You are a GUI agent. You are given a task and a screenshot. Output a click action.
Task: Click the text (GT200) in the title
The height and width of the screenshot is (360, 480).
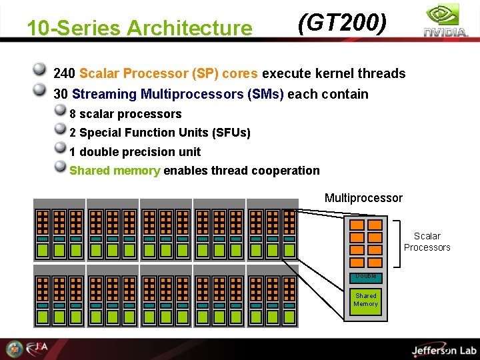[342, 23]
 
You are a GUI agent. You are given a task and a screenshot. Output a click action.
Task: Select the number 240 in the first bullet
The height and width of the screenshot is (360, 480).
[64, 73]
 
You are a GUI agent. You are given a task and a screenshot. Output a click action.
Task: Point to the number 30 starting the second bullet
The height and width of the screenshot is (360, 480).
[61, 94]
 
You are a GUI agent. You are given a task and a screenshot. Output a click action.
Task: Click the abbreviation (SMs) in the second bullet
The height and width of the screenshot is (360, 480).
[265, 94]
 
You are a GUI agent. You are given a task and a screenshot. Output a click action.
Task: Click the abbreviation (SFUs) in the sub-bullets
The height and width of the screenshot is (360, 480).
[231, 133]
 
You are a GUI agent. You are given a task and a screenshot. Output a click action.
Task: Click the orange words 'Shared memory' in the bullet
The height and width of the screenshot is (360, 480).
[115, 171]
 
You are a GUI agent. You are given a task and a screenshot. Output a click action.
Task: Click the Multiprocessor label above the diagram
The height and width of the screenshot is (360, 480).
[363, 198]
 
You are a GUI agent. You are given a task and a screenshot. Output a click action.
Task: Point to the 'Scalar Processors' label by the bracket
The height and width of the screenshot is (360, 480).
[427, 241]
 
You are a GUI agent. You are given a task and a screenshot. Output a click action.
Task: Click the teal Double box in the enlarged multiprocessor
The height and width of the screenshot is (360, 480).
[365, 276]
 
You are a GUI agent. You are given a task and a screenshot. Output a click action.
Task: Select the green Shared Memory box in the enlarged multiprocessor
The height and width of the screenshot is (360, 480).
[365, 300]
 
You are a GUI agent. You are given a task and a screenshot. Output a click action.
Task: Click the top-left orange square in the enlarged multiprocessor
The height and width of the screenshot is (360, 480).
[357, 225]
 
